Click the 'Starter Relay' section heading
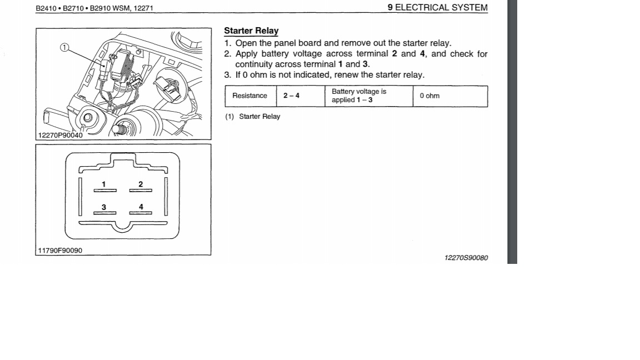pyautogui.click(x=251, y=31)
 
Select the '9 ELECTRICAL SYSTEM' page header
pyautogui.click(x=437, y=8)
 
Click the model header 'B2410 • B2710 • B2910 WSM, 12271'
pyautogui.click(x=94, y=8)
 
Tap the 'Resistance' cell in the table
pyautogui.click(x=249, y=96)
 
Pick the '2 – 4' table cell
pyautogui.click(x=291, y=96)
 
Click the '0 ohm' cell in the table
pyautogui.click(x=429, y=96)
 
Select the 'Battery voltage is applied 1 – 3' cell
pyautogui.click(x=359, y=96)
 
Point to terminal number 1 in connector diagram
pyautogui.click(x=104, y=184)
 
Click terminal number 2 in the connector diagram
pyautogui.click(x=141, y=184)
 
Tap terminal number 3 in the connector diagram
pyautogui.click(x=104, y=207)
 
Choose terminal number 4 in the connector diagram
pyautogui.click(x=141, y=207)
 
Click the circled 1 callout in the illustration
pyautogui.click(x=64, y=48)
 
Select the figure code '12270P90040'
pyautogui.click(x=60, y=135)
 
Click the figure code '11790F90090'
pyautogui.click(x=60, y=251)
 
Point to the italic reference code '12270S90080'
pyautogui.click(x=466, y=258)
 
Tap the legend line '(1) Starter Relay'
pyautogui.click(x=253, y=117)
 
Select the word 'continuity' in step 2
pyautogui.click(x=254, y=64)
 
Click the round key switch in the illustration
pyautogui.click(x=88, y=117)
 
